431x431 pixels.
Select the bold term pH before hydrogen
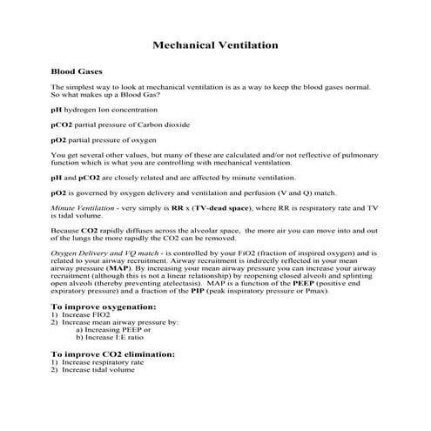pos(57,111)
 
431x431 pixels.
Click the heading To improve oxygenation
pos(104,307)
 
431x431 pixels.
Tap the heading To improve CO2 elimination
pos(113,354)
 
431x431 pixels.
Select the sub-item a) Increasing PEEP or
pos(113,330)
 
